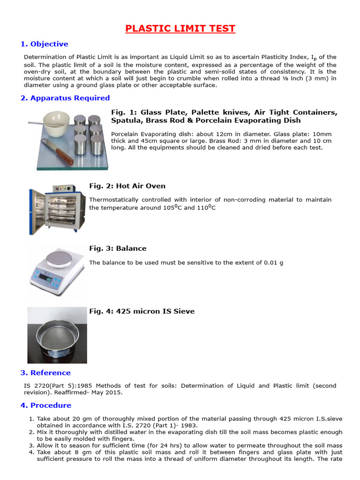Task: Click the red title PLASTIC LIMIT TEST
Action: (180, 29)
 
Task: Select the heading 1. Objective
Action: (45, 44)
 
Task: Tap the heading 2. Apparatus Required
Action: (65, 98)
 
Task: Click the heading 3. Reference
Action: (45, 373)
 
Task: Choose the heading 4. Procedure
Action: (46, 405)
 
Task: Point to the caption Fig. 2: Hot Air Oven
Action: (127, 186)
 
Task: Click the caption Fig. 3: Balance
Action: (118, 248)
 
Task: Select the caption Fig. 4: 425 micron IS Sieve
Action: (142, 311)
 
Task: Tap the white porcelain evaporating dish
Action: (57, 123)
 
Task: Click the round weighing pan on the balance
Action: (64, 256)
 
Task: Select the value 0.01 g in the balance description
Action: (273, 262)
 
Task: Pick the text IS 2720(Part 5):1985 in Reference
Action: (58, 386)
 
